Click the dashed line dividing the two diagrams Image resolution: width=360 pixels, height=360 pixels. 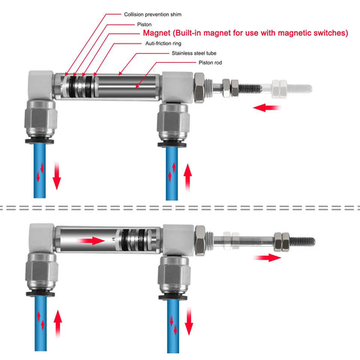tap(180, 203)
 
